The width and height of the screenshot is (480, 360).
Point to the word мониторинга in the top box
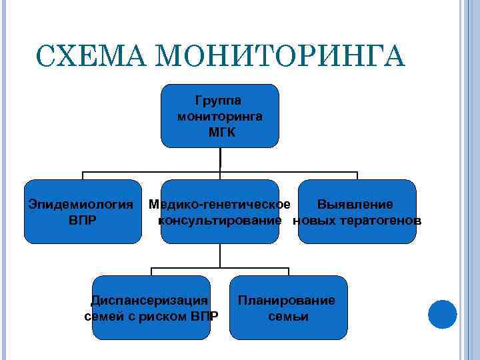[220, 117]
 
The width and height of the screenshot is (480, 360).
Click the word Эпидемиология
[81, 204]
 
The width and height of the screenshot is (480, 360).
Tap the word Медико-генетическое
[219, 204]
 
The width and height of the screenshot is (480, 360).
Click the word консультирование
[219, 220]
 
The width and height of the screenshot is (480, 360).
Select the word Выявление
[355, 204]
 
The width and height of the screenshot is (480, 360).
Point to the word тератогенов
[380, 220]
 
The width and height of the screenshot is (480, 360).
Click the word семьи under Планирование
[288, 316]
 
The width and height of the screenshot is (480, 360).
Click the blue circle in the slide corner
[442, 314]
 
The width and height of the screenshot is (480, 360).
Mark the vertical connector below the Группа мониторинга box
[221, 160]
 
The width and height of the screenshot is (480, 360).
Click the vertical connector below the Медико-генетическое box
[221, 256]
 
